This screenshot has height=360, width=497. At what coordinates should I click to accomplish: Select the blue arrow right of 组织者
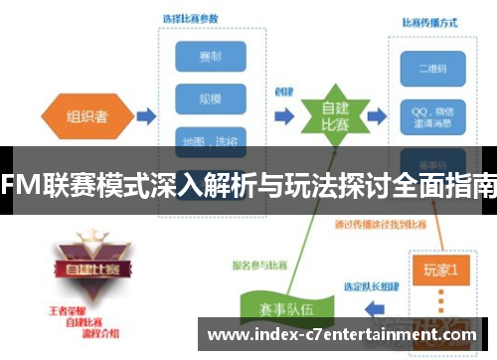144,116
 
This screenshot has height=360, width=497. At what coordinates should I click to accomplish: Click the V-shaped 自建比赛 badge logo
84,264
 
